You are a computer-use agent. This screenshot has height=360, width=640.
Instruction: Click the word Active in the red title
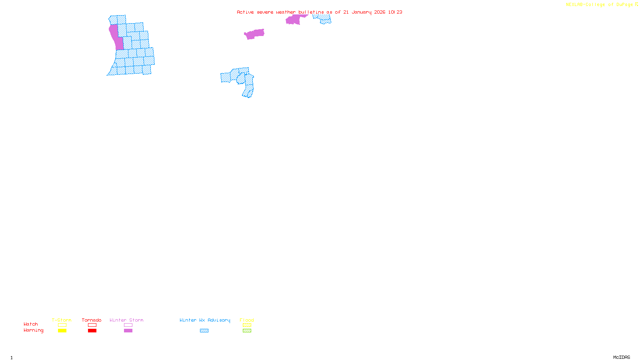pos(245,12)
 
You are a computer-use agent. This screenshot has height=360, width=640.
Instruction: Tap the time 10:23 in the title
pos(395,12)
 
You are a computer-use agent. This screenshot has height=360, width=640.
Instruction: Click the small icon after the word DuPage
pos(636,4)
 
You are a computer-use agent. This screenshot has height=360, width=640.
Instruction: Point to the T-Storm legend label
pos(62,320)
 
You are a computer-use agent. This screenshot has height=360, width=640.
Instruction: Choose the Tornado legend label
pos(92,320)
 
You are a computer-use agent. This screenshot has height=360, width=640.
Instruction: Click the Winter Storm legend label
pos(126,320)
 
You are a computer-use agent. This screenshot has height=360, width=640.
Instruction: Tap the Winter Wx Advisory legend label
pos(205,320)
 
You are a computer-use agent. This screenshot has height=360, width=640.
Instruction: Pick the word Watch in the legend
pos(31,324)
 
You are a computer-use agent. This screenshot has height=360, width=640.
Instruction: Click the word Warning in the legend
pos(34,330)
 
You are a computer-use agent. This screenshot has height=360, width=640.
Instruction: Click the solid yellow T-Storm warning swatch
pos(62,331)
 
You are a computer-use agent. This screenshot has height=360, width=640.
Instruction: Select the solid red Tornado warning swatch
pos(92,331)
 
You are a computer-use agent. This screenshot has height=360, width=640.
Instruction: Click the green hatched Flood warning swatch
pos(247,331)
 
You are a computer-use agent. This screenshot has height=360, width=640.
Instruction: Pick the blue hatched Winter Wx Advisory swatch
pos(204,331)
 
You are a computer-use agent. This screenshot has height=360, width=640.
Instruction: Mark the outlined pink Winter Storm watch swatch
pos(128,325)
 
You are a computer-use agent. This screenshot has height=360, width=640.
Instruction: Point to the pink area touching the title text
pos(294,19)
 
